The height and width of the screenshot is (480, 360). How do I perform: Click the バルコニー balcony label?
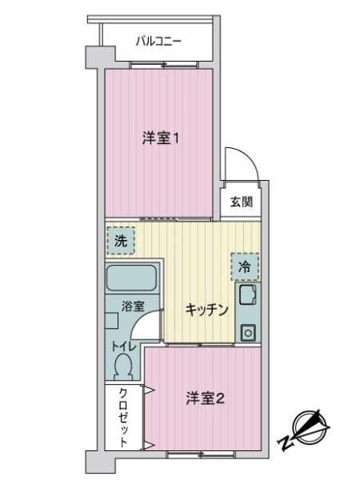pyautogui.click(x=158, y=42)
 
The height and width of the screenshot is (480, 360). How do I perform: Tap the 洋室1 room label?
pyautogui.click(x=160, y=138)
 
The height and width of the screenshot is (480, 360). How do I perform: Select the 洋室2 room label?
pyautogui.click(x=205, y=398)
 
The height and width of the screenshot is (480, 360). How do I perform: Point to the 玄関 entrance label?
pyautogui.click(x=242, y=202)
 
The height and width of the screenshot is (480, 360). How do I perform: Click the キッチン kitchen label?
pyautogui.click(x=207, y=310)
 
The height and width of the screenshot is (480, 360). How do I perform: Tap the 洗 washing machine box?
pyautogui.click(x=121, y=241)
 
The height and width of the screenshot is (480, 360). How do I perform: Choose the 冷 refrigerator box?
pyautogui.click(x=245, y=267)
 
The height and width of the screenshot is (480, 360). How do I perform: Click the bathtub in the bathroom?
pyautogui.click(x=131, y=278)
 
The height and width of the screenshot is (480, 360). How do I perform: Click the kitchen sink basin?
pyautogui.click(x=247, y=295)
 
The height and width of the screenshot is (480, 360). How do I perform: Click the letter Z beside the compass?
pyautogui.click(x=285, y=442)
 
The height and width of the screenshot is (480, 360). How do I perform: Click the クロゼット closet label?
pyautogui.click(x=123, y=418)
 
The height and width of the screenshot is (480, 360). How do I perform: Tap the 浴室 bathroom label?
pyautogui.click(x=133, y=306)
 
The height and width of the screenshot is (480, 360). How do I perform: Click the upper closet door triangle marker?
pyautogui.click(x=150, y=390)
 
